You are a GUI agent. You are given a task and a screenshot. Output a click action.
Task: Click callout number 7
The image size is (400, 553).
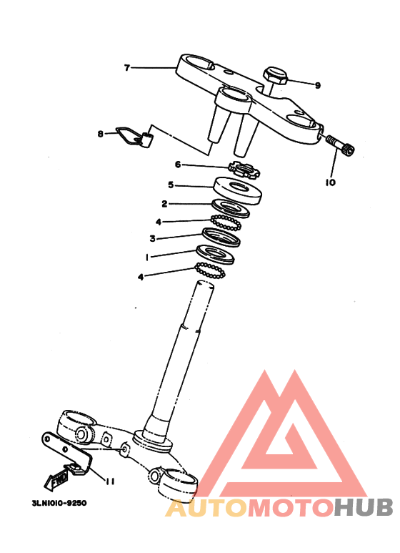coord(127,68)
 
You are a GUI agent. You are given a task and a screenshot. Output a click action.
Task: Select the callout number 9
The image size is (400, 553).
coord(317,85)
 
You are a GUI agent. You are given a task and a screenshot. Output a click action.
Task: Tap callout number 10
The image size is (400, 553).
coord(330,182)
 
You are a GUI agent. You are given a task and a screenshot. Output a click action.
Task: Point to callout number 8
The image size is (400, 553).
coord(101,133)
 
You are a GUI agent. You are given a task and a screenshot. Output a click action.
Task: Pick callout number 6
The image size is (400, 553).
coord(179,164)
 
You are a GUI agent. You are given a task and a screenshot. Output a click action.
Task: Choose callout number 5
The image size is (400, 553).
coord(171,185)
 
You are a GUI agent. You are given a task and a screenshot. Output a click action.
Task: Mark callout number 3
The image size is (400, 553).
coord(152,238)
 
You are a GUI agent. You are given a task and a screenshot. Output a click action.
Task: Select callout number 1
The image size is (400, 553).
coord(146,257)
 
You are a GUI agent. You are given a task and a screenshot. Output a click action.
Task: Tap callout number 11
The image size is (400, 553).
coord(110,481)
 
